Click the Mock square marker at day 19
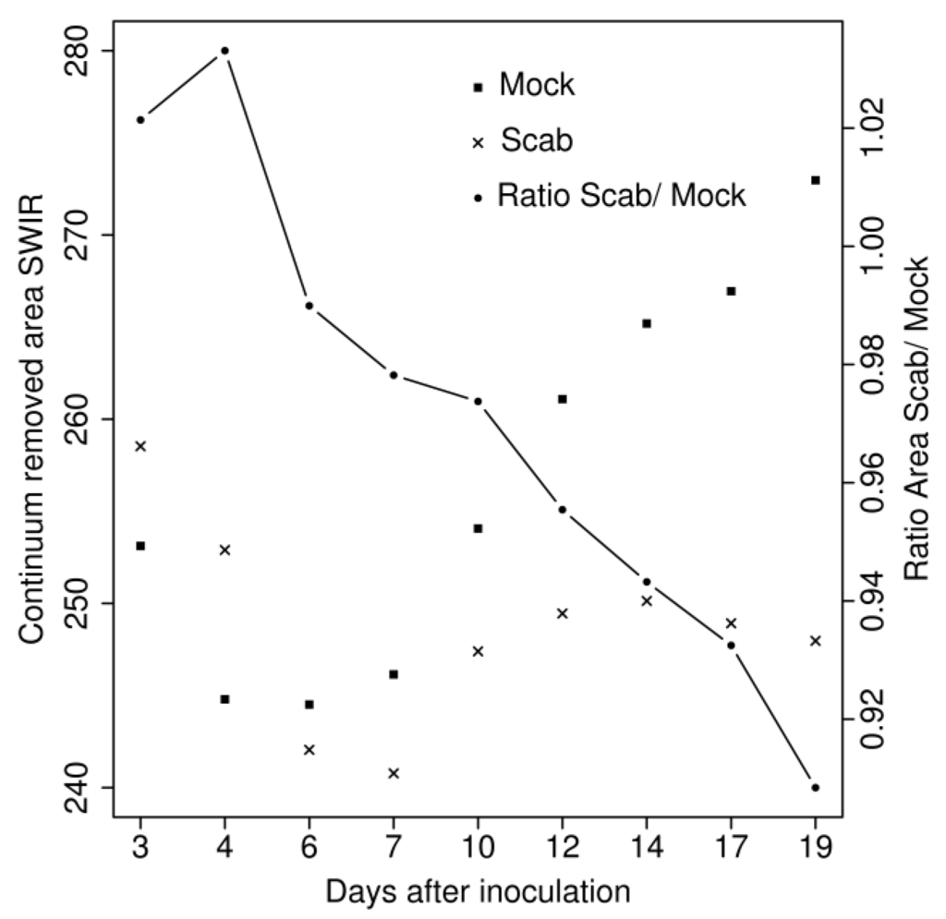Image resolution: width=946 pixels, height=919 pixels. [815, 180]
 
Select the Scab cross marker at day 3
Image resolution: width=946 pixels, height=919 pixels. [140, 446]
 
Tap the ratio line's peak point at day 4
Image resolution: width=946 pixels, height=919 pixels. [224, 50]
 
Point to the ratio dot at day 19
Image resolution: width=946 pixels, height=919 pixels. [815, 787]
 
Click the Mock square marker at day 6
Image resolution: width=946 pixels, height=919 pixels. [309, 705]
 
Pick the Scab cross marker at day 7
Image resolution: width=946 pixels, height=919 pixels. [394, 773]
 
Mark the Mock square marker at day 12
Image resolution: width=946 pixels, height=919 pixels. [562, 399]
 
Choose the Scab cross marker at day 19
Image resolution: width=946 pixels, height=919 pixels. [815, 641]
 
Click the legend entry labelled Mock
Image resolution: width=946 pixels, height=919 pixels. [536, 86]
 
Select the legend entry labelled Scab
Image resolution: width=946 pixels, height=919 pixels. [536, 141]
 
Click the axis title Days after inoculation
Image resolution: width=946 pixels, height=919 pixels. [478, 893]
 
